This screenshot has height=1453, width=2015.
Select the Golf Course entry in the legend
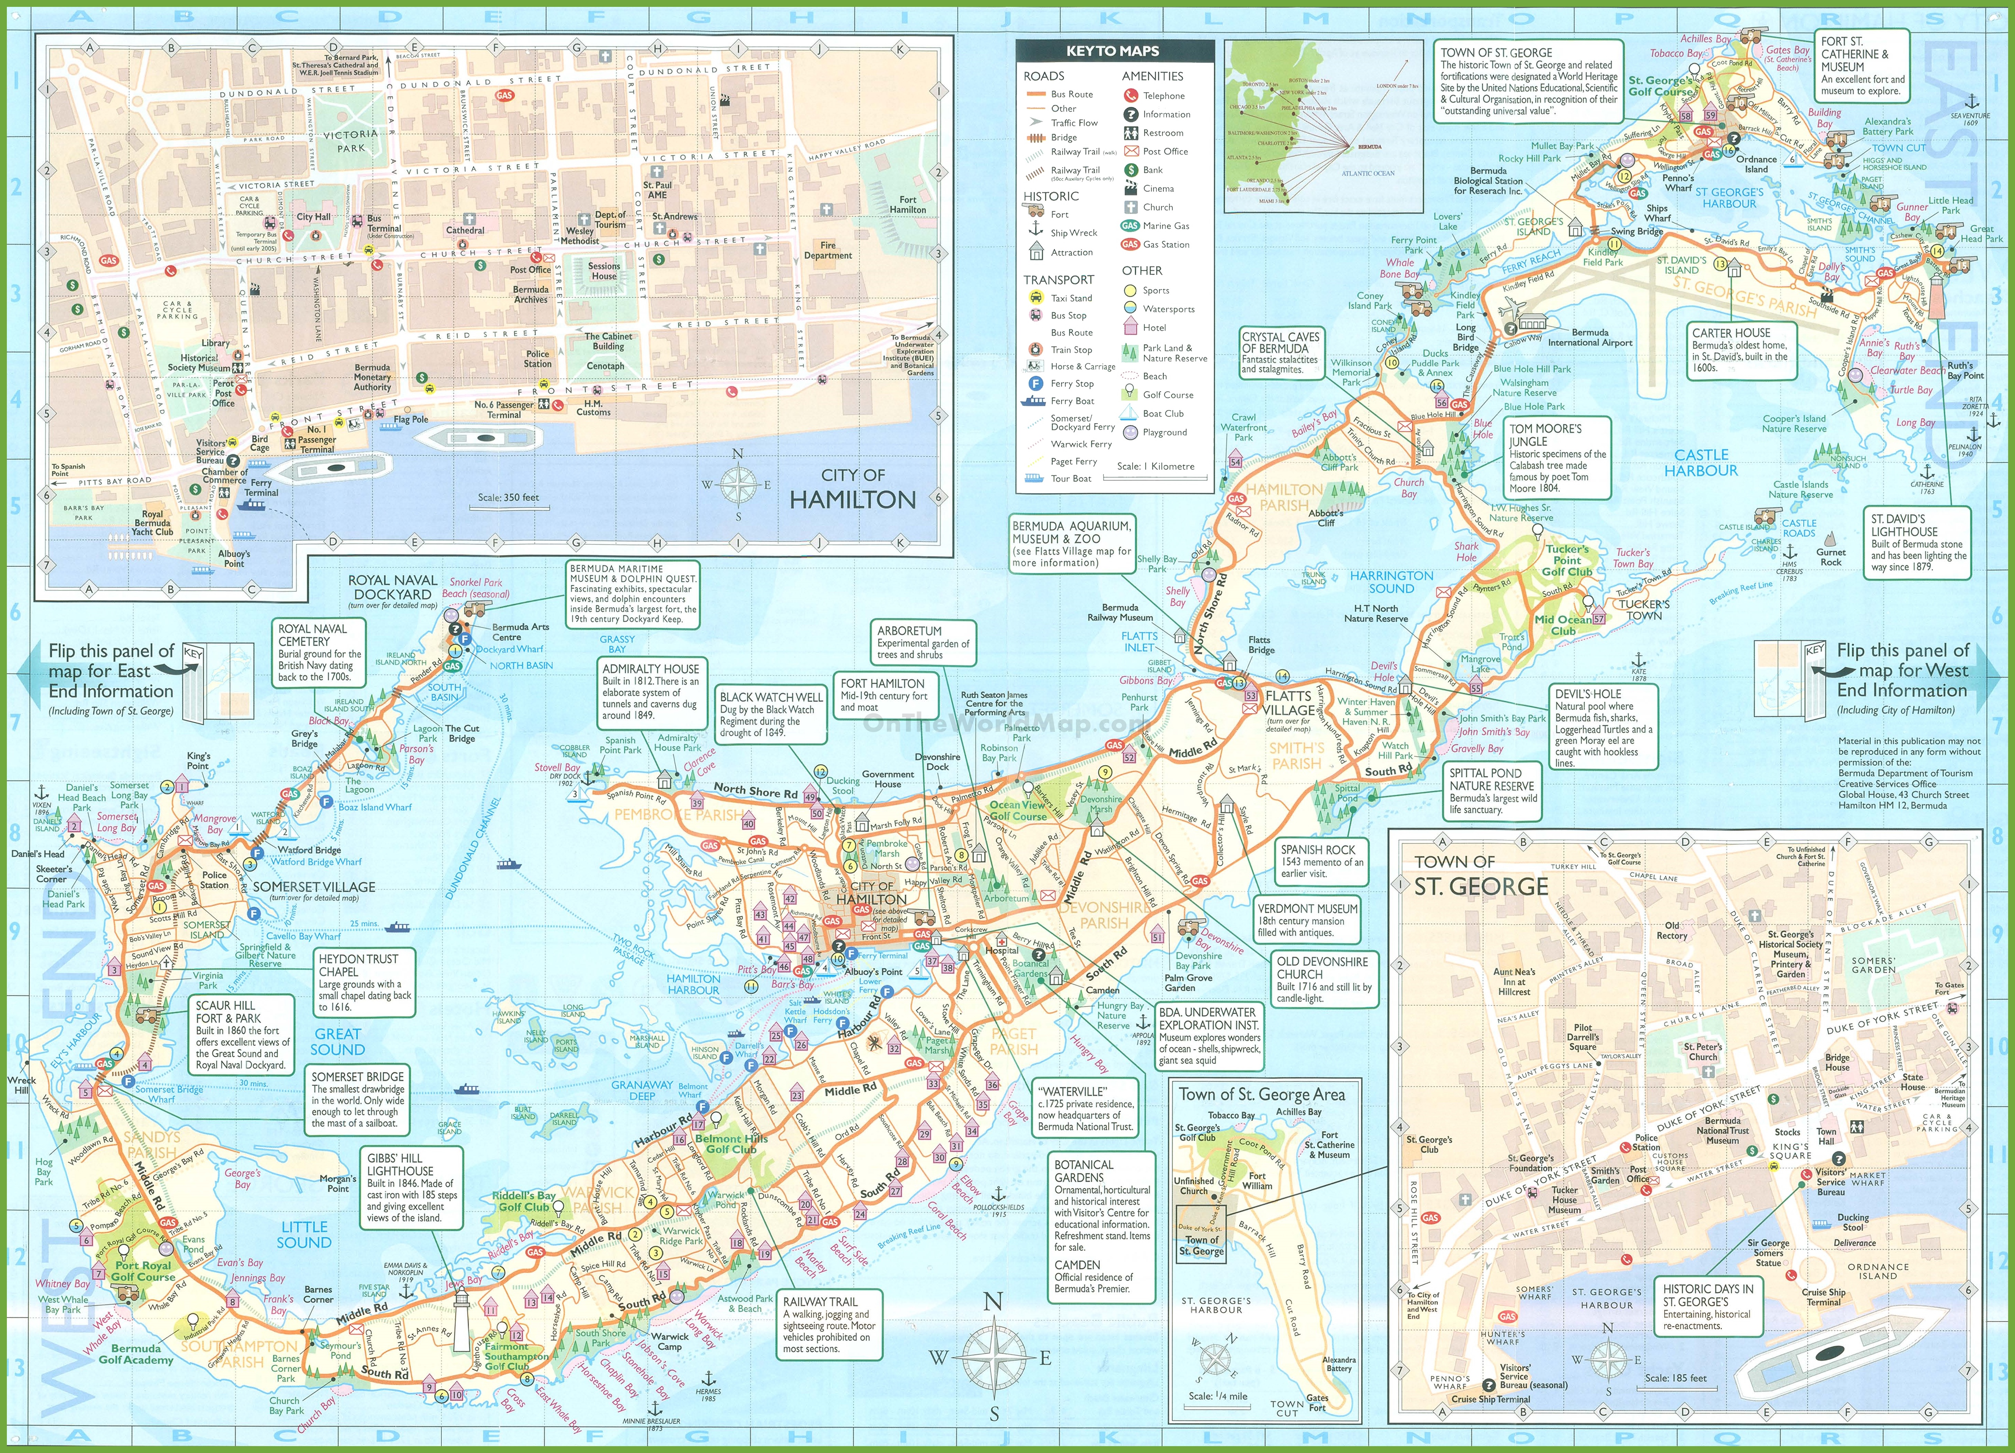1167,395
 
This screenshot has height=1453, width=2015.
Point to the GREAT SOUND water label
338,1041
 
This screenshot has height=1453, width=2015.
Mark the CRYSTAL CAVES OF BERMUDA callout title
1280,343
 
